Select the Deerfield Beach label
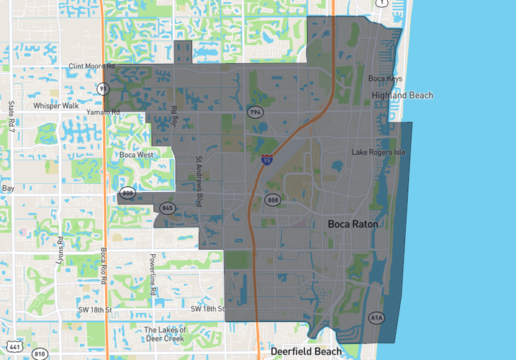[307, 351]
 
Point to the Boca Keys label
[385, 79]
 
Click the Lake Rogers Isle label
[379, 153]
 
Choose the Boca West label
[136, 155]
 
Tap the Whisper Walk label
[56, 106]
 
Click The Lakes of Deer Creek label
[165, 334]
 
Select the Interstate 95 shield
[267, 161]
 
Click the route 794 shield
[255, 112]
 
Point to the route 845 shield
[168, 208]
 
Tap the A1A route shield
[376, 318]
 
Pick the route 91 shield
[103, 89]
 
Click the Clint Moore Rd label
[91, 66]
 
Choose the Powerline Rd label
[153, 275]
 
